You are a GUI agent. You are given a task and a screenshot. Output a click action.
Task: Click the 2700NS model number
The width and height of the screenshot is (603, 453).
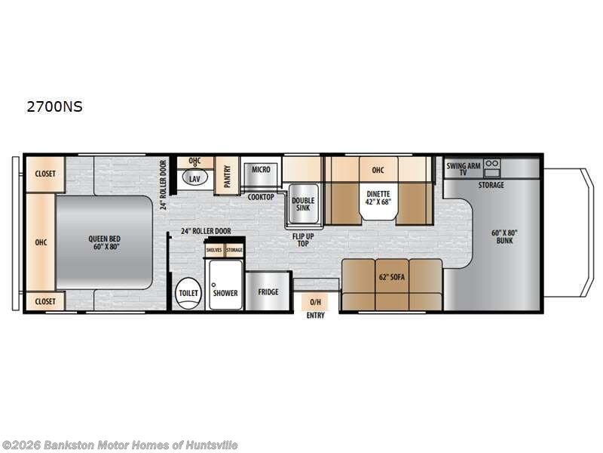[x=54, y=107]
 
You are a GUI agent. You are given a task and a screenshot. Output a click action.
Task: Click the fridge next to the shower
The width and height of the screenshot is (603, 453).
[x=268, y=291]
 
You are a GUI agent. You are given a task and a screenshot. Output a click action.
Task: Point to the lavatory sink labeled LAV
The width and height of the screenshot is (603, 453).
[x=194, y=179]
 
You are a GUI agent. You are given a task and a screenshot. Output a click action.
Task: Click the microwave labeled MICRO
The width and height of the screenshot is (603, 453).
[x=261, y=170]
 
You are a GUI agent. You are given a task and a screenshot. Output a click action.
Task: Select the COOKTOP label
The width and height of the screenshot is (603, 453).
[x=262, y=196]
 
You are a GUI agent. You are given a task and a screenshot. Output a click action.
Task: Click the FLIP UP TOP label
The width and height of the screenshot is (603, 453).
[x=304, y=239]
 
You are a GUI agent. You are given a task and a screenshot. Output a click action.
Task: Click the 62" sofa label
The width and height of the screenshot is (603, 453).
[x=392, y=277]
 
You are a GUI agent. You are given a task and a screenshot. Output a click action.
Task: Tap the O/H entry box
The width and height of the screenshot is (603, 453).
[x=316, y=300]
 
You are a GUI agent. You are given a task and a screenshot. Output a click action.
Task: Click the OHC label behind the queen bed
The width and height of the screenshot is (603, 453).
[x=41, y=242]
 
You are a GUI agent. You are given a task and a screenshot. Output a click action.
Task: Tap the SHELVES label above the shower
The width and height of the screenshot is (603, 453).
[x=213, y=250]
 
